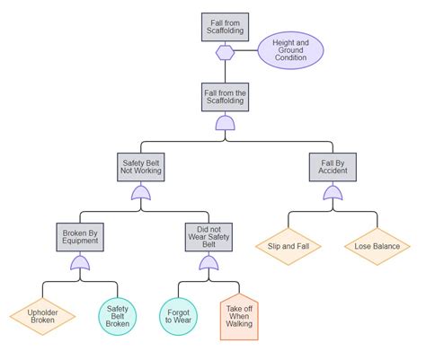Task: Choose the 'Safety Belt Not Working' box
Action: pos(140,167)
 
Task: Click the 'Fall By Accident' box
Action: pos(333,167)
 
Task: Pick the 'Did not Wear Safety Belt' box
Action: pos(208,238)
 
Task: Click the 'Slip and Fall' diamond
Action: pos(288,244)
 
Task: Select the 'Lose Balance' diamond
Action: pos(377,244)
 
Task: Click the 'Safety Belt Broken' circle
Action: pos(119,315)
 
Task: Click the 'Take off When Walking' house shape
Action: pos(239,317)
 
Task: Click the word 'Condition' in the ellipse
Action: pos(291,58)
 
